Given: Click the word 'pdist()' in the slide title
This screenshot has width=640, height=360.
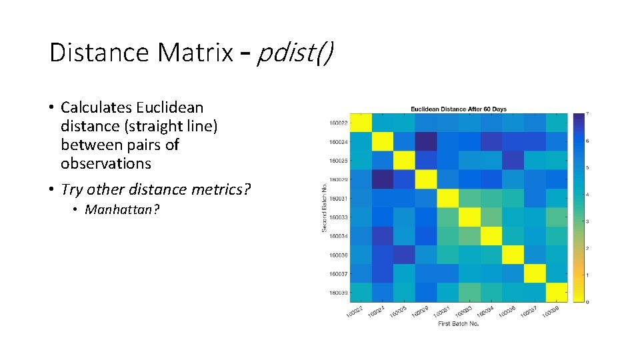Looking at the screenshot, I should (x=294, y=52).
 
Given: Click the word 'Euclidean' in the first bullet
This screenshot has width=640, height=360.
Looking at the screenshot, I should (x=169, y=107).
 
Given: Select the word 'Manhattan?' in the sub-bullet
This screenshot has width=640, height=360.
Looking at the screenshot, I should (x=123, y=210).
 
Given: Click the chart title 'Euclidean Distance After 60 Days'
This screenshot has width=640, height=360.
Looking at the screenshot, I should (x=458, y=109).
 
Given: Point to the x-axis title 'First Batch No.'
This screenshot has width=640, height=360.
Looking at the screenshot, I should (x=458, y=323).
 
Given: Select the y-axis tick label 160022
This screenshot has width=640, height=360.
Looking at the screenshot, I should (x=338, y=123).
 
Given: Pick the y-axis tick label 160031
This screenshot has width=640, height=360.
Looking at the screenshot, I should (x=338, y=199).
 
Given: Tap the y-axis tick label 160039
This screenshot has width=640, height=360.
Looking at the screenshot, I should (x=338, y=293).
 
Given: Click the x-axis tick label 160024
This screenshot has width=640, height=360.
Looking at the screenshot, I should (x=375, y=311).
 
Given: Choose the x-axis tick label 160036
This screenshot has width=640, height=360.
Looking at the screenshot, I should (x=506, y=311).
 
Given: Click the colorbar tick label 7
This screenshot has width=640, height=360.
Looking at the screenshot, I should (x=586, y=113).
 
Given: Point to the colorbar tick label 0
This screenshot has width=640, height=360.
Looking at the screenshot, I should (x=586, y=302).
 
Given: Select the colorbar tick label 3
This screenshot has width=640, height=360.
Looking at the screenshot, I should (x=586, y=221).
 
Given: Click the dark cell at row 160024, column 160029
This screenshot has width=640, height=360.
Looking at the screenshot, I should (x=425, y=142).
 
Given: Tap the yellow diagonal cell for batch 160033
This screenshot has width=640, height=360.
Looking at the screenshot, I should (x=469, y=217).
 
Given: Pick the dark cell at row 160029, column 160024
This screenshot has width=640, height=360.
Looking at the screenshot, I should (x=382, y=179).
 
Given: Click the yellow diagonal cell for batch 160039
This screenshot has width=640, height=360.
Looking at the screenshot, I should (x=556, y=293).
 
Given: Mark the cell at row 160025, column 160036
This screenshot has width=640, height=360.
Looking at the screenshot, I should (x=513, y=161).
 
